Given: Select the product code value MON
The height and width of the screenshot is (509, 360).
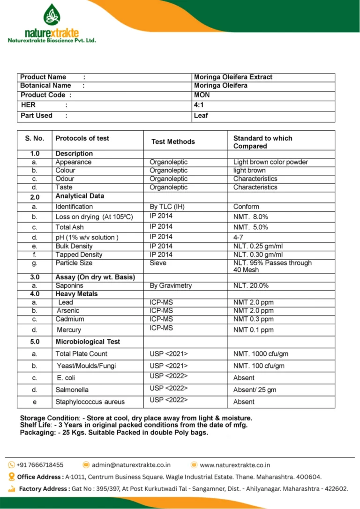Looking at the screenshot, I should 202,95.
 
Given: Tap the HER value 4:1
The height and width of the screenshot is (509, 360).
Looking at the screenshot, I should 199,105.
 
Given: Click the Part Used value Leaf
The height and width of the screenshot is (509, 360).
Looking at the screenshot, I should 201,115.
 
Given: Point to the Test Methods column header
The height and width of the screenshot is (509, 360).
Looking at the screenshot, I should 173,142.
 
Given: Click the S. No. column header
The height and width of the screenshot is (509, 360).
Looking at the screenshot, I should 34,138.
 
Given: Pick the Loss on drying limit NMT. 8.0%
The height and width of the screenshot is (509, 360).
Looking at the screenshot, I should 251,217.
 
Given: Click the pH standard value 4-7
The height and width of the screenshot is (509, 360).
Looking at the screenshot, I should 238,238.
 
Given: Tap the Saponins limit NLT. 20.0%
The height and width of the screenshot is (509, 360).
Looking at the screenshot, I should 251,285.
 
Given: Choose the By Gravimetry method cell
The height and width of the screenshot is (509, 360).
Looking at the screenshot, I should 171,285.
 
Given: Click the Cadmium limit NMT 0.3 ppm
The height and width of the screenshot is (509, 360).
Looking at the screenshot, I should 254,319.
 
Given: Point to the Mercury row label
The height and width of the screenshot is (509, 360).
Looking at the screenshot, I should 68,330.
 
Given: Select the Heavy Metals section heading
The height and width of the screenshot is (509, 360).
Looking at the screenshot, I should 76,294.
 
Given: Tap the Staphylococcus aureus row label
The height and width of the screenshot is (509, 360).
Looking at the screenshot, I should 90,402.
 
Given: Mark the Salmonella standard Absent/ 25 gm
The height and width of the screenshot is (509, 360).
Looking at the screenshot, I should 255,389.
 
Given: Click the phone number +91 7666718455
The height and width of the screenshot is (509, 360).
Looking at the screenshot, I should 40,465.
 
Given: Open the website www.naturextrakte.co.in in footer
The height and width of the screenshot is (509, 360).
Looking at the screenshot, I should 235,465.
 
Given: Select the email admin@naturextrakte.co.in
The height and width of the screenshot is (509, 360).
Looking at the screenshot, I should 131,465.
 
